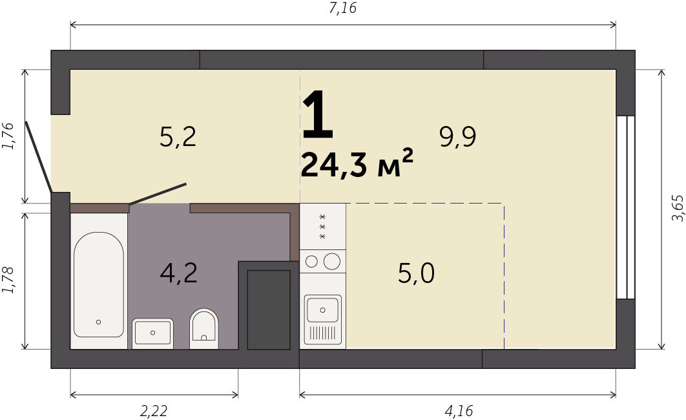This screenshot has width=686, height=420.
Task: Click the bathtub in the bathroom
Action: click(x=98, y=284)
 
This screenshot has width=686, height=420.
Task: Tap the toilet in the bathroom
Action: click(x=204, y=328)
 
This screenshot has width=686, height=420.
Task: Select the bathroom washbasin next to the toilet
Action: click(x=152, y=333)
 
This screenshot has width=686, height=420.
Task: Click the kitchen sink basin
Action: click(x=323, y=310)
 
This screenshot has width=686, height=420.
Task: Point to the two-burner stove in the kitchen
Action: click(x=323, y=262)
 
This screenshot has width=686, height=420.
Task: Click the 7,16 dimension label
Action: click(x=342, y=8)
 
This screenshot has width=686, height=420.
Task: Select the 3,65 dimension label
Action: click(x=677, y=208)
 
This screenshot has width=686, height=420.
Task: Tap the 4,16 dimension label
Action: click(x=459, y=411)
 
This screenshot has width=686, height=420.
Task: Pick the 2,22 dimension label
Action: click(x=154, y=411)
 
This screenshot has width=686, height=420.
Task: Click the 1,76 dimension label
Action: click(x=8, y=136)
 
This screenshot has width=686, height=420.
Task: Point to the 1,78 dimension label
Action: click(x=8, y=280)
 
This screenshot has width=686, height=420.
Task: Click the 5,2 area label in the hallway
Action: click(x=178, y=137)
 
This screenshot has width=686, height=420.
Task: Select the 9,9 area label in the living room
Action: click(x=457, y=137)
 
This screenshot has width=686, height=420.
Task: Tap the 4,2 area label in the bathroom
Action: click(x=178, y=273)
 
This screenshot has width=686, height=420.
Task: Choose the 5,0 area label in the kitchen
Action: click(x=416, y=273)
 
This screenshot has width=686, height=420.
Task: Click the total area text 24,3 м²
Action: click(x=357, y=163)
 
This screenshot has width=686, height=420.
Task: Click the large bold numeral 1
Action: click(x=318, y=113)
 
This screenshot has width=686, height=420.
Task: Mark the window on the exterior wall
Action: click(x=625, y=207)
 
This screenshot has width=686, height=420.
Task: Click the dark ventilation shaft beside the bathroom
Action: click(x=269, y=310)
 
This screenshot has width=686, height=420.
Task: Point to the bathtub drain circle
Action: click(x=98, y=322)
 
